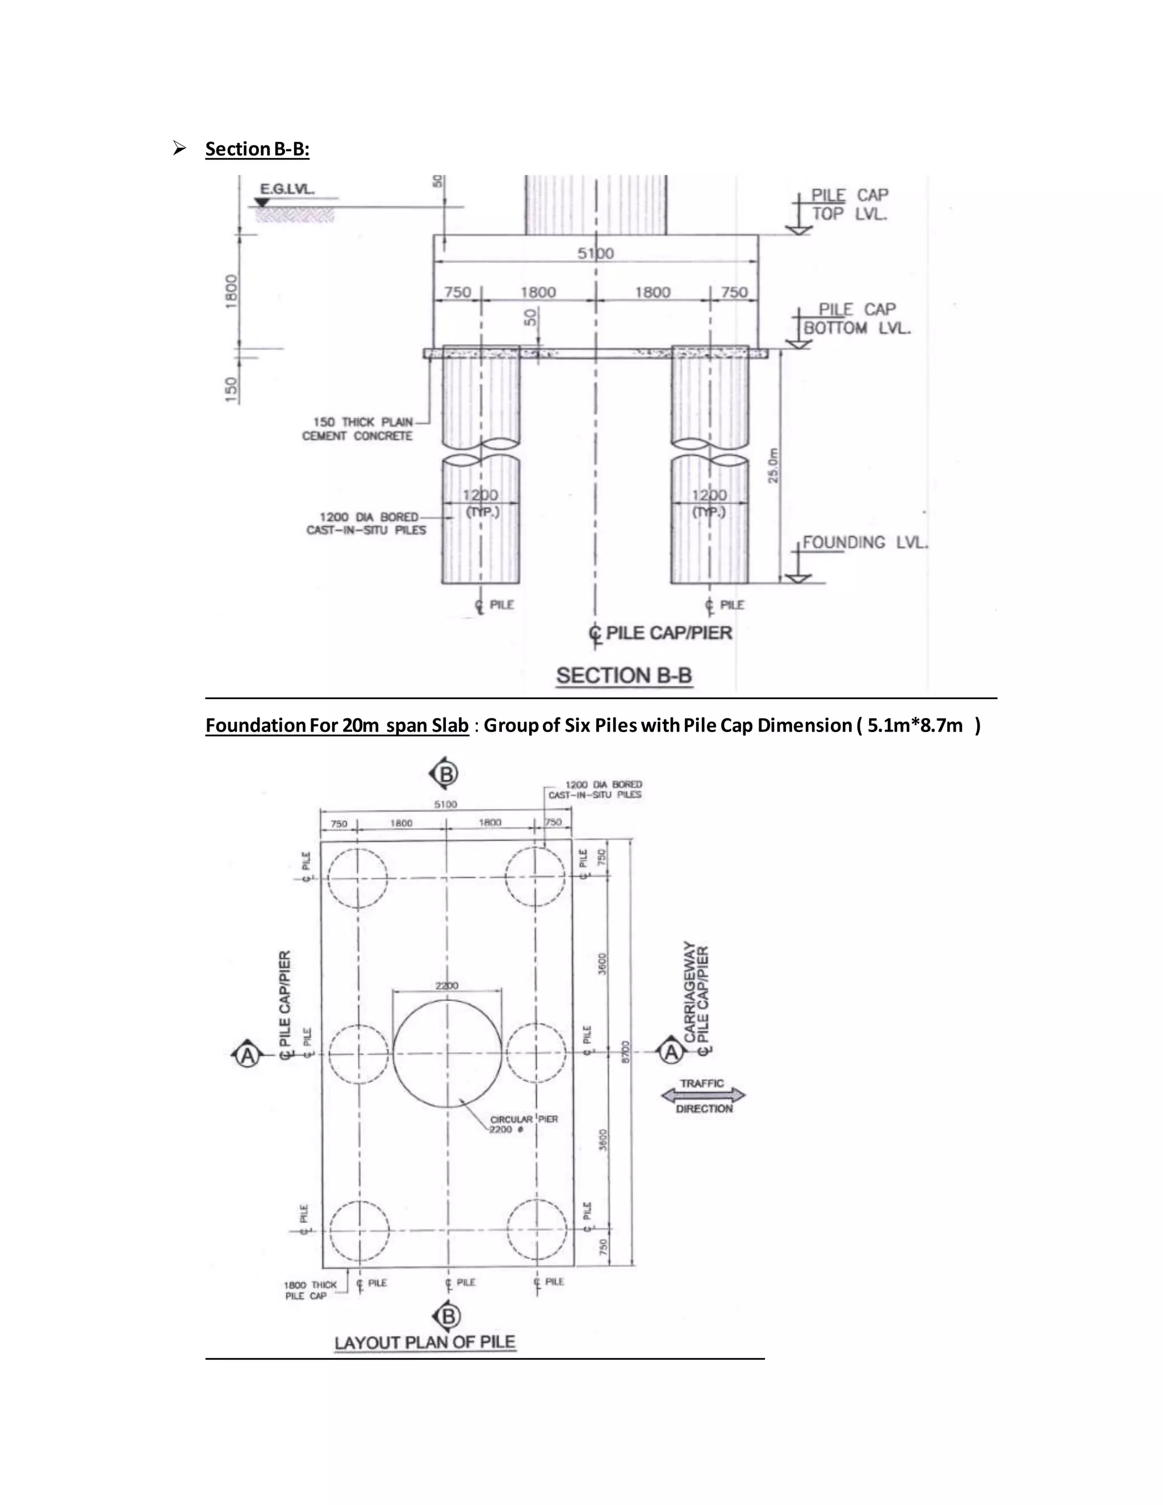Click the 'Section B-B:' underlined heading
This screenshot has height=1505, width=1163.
point(257,149)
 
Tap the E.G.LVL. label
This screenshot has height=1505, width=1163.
point(287,189)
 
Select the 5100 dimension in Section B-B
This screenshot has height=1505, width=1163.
point(595,254)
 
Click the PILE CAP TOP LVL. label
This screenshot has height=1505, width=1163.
point(849,204)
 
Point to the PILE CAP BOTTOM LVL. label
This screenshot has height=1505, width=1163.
point(856,319)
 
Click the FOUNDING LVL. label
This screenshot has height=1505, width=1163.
point(865,542)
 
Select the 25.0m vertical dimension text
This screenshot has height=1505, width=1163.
point(774,466)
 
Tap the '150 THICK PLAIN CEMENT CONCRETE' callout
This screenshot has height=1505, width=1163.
point(358,429)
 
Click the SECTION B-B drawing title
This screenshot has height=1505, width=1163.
point(624,675)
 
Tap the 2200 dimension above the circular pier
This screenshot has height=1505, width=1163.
point(446,985)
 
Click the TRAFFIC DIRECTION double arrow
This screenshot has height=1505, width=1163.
point(703,1096)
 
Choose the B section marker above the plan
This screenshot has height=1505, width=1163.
point(445,774)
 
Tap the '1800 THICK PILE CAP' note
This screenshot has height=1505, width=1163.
point(310,1290)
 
